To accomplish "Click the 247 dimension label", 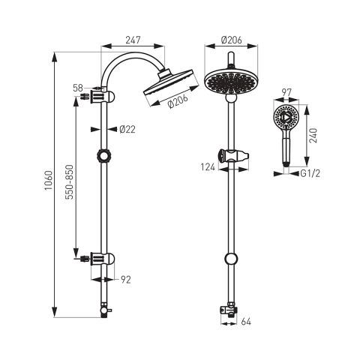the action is click(133, 40).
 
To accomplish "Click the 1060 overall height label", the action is click(49, 180).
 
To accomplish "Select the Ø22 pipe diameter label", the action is click(127, 129).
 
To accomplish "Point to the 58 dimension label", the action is click(78, 88).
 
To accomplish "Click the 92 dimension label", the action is click(126, 280).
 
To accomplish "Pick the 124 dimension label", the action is click(208, 167).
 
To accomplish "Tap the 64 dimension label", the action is click(246, 322).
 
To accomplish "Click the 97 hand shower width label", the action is click(286, 93).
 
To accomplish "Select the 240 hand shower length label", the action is click(313, 135).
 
